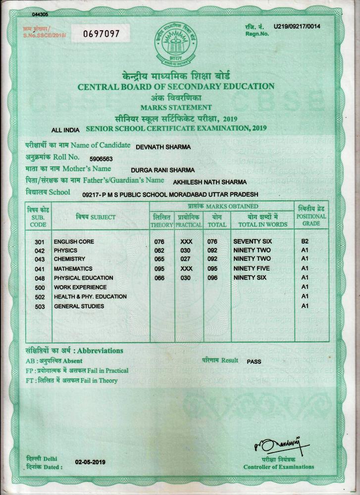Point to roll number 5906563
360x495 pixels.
pos(102,159)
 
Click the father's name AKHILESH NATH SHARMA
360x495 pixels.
pos(209,182)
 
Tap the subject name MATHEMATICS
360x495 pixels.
pos(73,269)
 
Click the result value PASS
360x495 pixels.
pos(254,361)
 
